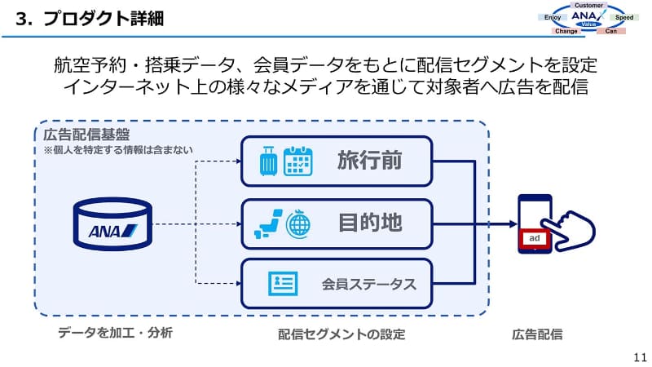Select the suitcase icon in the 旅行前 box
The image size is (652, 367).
(x=268, y=161)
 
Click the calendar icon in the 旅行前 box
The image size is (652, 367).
(x=298, y=161)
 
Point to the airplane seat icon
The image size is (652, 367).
(x=268, y=223)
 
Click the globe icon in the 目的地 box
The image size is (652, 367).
(x=299, y=223)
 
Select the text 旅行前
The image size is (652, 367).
(x=370, y=161)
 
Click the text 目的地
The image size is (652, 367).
(x=370, y=223)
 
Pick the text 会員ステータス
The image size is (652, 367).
(x=368, y=285)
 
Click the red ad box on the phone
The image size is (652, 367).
(x=535, y=238)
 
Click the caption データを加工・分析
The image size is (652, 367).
(x=115, y=334)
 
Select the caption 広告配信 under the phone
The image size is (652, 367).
(x=537, y=334)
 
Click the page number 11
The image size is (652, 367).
(x=638, y=356)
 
